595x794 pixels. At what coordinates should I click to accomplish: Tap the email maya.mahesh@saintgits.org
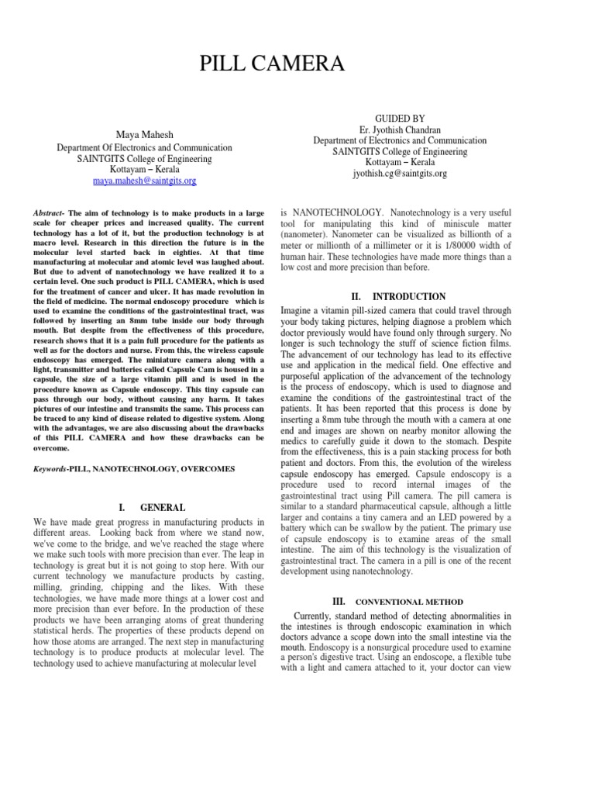click(145, 181)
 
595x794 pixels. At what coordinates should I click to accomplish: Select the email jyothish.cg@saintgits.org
click(400, 174)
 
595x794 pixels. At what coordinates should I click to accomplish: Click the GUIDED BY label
click(400, 118)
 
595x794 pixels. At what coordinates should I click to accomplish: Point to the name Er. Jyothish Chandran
click(400, 129)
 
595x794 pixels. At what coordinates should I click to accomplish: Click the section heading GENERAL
click(163, 508)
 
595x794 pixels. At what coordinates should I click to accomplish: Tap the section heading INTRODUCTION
click(409, 296)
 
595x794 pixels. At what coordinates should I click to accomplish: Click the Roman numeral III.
click(337, 601)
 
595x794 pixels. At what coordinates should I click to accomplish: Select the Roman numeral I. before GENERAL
click(122, 508)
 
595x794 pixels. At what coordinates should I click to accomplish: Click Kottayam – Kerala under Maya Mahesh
click(144, 169)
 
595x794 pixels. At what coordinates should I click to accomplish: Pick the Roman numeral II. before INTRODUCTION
click(356, 296)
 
